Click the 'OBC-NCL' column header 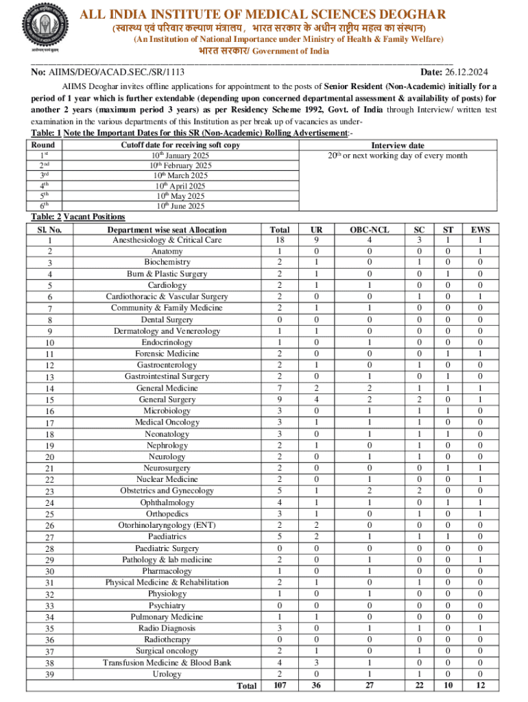tap(370, 230)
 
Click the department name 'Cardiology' tap(167, 285)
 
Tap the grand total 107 tap(280, 685)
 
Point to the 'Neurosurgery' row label tap(167, 468)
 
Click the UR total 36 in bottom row tap(315, 685)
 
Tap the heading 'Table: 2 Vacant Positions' tap(78, 217)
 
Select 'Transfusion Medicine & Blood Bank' tap(167, 662)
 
